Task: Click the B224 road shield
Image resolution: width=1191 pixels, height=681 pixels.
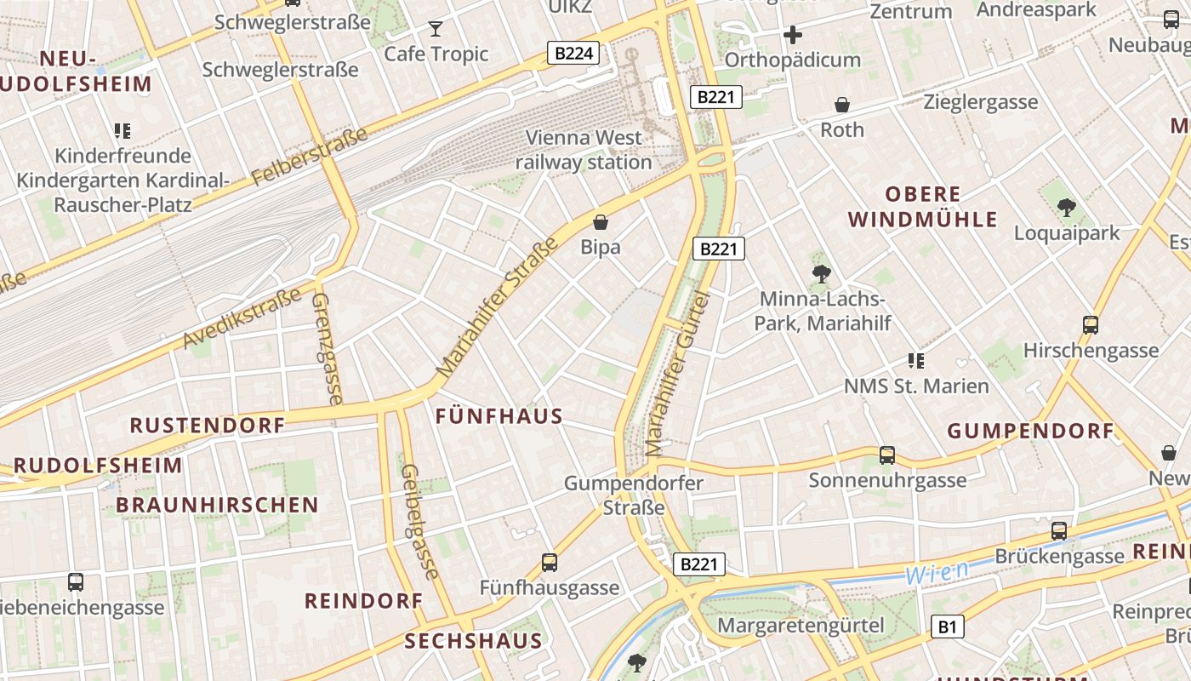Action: (x=573, y=54)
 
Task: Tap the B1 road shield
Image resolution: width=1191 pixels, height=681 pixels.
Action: (x=947, y=627)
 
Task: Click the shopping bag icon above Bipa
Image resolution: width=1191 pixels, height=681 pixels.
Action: (x=601, y=223)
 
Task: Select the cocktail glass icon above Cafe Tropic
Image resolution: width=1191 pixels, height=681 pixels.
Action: (x=436, y=29)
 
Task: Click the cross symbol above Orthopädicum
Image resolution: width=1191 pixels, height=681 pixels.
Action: (x=793, y=35)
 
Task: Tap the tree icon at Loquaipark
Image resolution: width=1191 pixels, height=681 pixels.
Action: (x=1066, y=207)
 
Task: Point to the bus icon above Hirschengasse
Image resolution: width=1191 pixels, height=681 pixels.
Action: (x=1091, y=324)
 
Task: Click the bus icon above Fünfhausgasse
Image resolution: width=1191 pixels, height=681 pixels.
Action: (x=550, y=563)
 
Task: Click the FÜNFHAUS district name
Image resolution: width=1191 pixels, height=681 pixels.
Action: (x=499, y=416)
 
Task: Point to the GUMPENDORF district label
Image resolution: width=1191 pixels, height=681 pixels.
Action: (x=1030, y=431)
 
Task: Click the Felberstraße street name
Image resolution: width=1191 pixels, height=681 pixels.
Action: (x=310, y=157)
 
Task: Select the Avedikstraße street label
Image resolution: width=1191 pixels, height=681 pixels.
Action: (x=242, y=318)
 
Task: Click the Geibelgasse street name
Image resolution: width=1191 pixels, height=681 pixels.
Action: (x=419, y=521)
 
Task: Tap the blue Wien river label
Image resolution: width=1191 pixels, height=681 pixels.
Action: (x=937, y=572)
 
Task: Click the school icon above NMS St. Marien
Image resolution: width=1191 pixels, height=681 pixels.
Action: (x=916, y=361)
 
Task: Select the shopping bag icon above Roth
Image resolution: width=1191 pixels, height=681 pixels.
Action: (x=842, y=105)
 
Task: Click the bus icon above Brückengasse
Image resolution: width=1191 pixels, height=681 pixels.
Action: (x=1059, y=531)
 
